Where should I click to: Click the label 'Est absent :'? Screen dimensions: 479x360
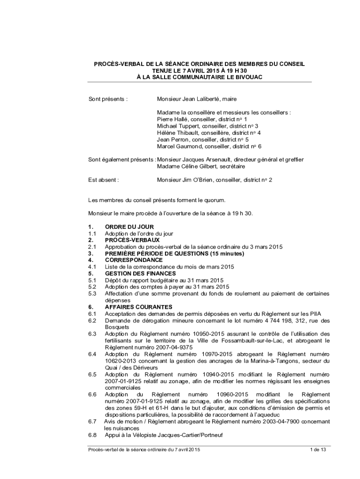click(103, 180)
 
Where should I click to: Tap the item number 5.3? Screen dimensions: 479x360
click(92, 293)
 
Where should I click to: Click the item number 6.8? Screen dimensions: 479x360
click(92, 435)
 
